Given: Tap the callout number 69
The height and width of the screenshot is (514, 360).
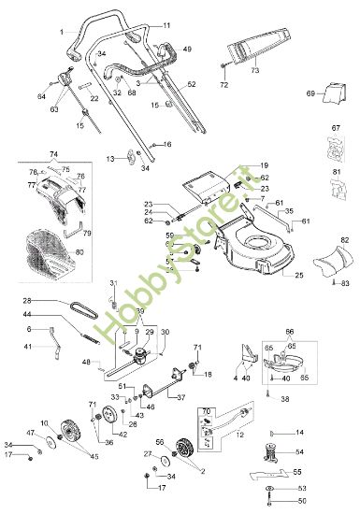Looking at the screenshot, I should [310, 94].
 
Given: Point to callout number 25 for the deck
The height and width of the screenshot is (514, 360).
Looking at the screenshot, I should [299, 277].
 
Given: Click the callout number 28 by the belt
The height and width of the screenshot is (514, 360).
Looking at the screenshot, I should [27, 300].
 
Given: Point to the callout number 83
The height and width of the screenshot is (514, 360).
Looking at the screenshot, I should [345, 282].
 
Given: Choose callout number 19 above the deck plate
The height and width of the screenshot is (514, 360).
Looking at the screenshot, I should [265, 164].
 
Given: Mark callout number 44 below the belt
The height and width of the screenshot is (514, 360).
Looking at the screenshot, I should [27, 316].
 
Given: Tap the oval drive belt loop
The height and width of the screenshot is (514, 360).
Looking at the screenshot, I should [78, 305].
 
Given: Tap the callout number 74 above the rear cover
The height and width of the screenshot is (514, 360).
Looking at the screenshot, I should [53, 153].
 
